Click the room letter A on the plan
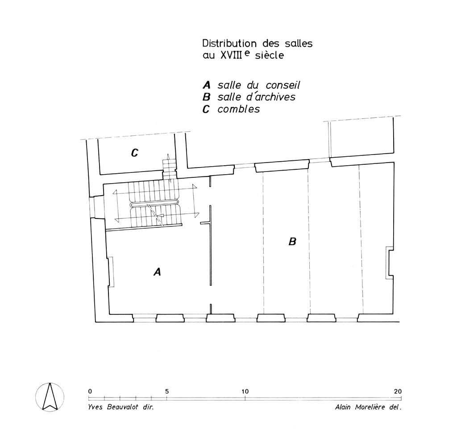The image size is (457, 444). tap(157, 272)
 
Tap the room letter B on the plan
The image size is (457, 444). tap(292, 242)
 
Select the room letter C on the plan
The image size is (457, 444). tap(134, 153)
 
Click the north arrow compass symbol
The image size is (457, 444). tap(50, 397)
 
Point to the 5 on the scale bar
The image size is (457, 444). tap(167, 391)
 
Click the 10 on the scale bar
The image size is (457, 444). tap(245, 391)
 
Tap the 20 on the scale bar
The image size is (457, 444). tap(398, 391)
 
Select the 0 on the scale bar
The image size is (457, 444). tap(90, 391)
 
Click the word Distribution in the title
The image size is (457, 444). tap(230, 43)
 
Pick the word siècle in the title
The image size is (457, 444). tap(269, 55)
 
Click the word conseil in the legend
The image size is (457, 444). tap(283, 85)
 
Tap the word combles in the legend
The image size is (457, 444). tap(239, 109)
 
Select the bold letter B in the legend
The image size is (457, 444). tap(206, 97)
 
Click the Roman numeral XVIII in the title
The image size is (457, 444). tap(232, 55)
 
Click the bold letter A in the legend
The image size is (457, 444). tap(206, 85)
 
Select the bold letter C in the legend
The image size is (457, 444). tap(206, 109)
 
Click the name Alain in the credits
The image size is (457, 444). tap(343, 407)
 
